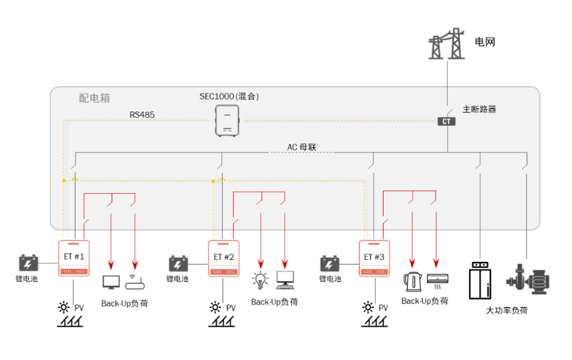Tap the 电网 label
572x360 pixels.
coord(484,42)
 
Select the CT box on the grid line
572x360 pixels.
coord(446,122)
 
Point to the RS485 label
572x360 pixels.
coord(142,115)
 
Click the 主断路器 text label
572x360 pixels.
coord(479,109)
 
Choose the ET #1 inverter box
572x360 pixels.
coord(74,258)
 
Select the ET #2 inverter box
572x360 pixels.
coord(224,258)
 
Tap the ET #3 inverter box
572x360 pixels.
coord(374,258)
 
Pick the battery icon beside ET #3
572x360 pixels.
coord(329,262)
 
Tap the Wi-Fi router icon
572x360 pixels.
coord(134,282)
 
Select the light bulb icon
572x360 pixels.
coord(260,279)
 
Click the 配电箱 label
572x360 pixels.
coord(93,98)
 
